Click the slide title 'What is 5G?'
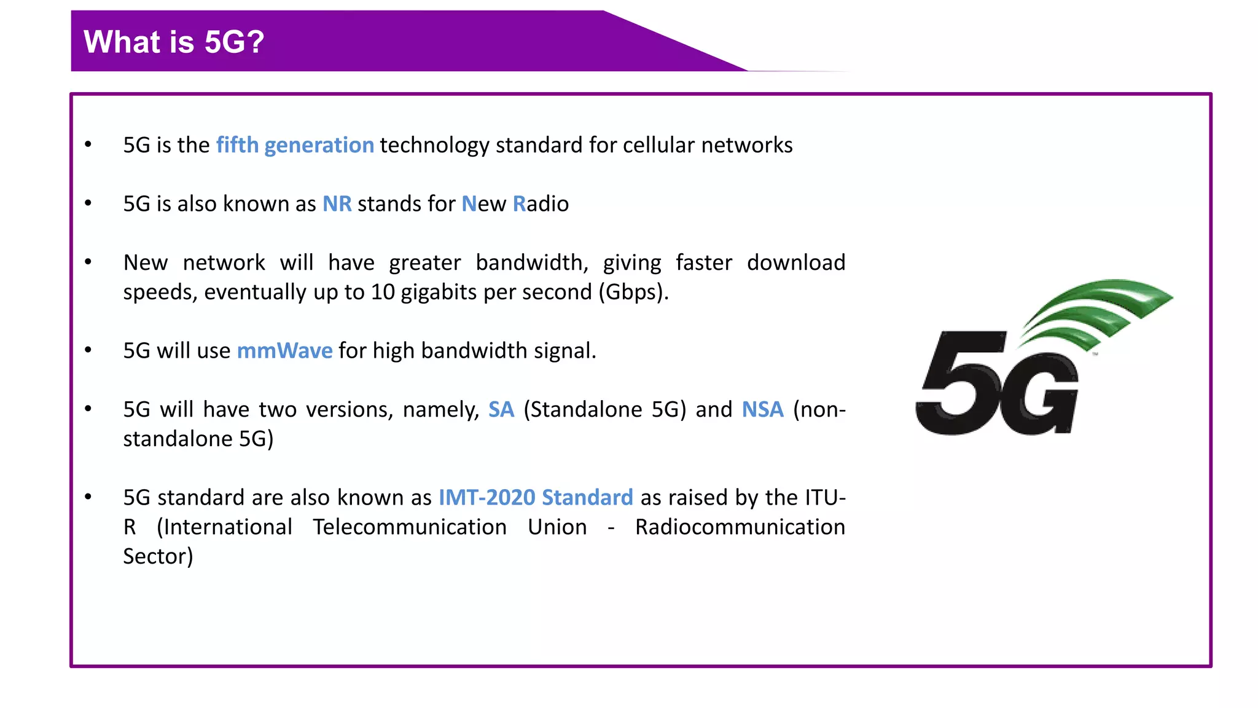pyautogui.click(x=174, y=42)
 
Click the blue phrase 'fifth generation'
pyautogui.click(x=295, y=145)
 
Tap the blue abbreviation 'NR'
pyautogui.click(x=337, y=203)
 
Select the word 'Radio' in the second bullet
pyautogui.click(x=541, y=203)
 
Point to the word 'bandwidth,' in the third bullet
pyautogui.click(x=532, y=262)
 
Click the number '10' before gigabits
pyautogui.click(x=383, y=292)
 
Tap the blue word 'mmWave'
pyautogui.click(x=284, y=350)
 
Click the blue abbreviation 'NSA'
pyautogui.click(x=762, y=409)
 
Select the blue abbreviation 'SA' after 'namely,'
pyautogui.click(x=501, y=409)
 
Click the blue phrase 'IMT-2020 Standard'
pyautogui.click(x=536, y=497)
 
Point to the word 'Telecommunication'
pyautogui.click(x=410, y=527)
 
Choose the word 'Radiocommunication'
pyautogui.click(x=740, y=527)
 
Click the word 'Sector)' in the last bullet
pyautogui.click(x=158, y=556)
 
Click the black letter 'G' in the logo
pyautogui.click(x=1038, y=393)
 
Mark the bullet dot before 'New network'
pyautogui.click(x=88, y=262)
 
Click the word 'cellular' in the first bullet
pyautogui.click(x=658, y=145)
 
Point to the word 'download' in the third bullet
pyautogui.click(x=796, y=262)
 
